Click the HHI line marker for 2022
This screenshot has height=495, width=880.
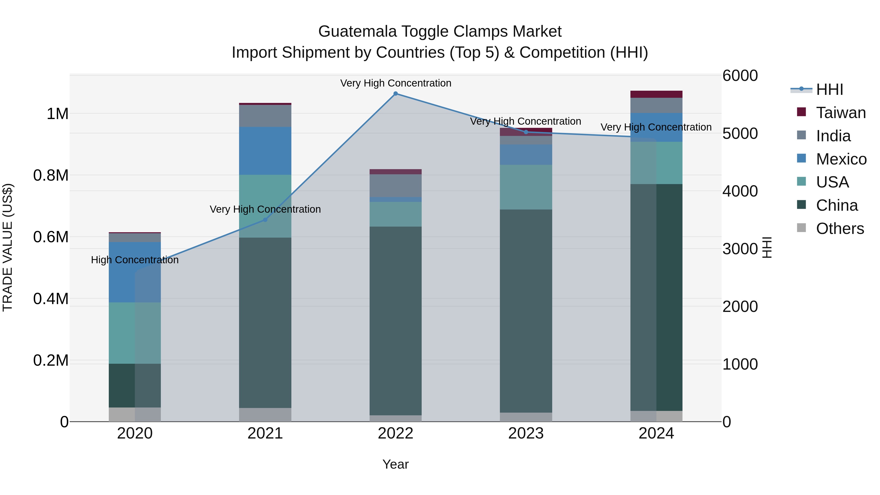coord(396,94)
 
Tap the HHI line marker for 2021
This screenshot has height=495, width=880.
coord(265,220)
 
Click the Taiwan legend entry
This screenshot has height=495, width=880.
coord(841,113)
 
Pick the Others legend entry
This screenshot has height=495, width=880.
coord(840,229)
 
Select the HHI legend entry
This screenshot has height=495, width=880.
coord(829,89)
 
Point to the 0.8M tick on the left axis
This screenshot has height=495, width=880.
coord(51,175)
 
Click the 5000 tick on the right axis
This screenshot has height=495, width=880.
coord(740,133)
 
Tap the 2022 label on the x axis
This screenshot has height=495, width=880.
coord(396,433)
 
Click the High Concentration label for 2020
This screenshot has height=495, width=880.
coord(135,260)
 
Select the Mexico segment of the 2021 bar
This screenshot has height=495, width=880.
coord(265,151)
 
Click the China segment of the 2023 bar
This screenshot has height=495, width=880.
coord(526,311)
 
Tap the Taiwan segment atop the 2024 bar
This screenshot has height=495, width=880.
coord(656,94)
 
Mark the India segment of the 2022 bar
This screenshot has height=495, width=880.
coord(396,186)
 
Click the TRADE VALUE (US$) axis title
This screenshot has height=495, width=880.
coord(8,247)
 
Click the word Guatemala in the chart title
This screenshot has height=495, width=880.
coord(357,32)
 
